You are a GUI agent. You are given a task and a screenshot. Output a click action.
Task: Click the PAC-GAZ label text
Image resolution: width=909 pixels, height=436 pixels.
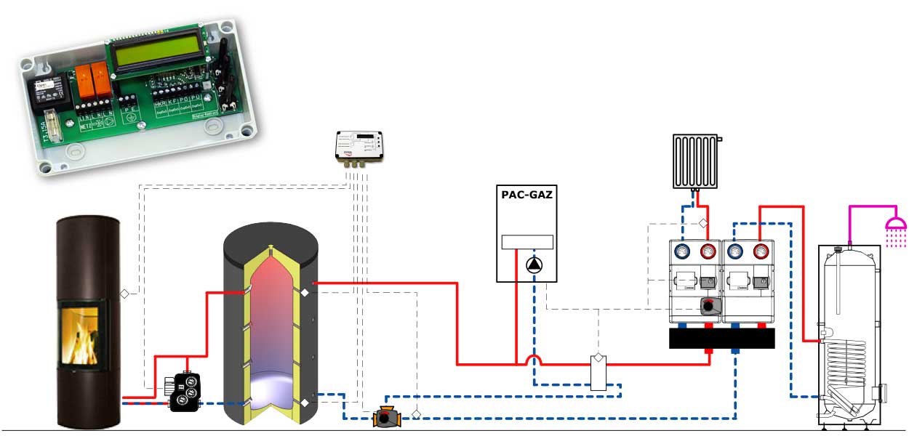pos(528,194)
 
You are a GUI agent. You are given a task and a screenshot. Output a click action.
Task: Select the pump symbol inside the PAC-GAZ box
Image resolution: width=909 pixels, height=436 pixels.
pos(534,265)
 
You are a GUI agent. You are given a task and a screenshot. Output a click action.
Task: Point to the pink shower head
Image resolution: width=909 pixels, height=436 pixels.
pos(895,222)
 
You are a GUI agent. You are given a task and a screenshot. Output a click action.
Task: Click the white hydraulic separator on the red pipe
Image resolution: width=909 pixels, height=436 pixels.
pos(598,372)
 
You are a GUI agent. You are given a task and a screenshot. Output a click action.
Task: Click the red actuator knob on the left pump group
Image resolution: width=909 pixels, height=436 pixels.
pos(706,307)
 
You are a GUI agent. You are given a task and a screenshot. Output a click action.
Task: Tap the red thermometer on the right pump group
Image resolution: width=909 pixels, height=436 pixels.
pos(760,253)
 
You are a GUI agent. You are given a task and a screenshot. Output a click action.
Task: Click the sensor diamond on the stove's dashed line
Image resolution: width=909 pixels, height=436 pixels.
pos(124,294)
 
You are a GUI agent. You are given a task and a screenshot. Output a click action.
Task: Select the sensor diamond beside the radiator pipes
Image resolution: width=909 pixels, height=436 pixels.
pos(703,222)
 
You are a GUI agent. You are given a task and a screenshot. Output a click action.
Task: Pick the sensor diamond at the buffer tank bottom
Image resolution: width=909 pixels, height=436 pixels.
pos(305,402)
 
